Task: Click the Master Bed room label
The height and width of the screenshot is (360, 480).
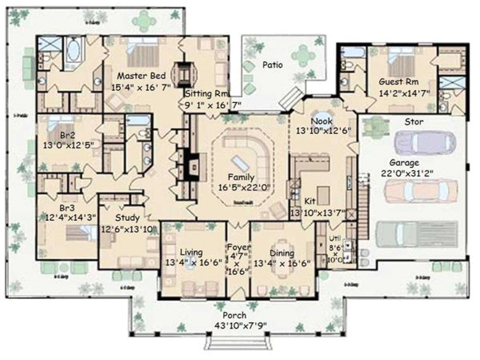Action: click(x=141, y=76)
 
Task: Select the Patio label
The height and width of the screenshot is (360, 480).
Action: click(x=272, y=65)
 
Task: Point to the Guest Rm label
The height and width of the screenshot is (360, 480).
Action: click(x=399, y=82)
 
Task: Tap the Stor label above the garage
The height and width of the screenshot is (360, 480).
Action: click(x=414, y=122)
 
